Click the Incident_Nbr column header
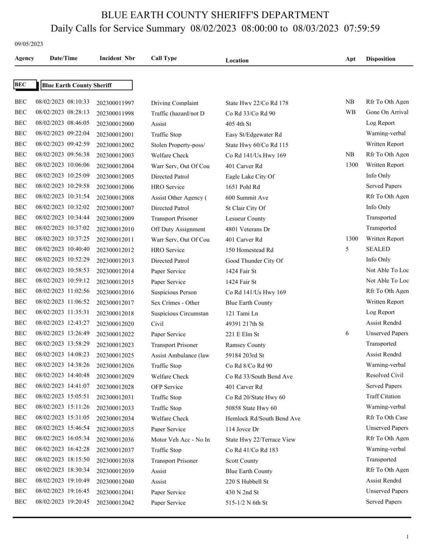117,58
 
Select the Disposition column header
380,59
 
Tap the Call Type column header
164,58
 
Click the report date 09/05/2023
29,44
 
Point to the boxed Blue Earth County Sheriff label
86,85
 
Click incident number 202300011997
115,103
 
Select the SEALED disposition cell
378,249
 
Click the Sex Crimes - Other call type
175,303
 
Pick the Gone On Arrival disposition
387,112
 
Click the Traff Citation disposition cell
383,396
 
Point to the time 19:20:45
78,502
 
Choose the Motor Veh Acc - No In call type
180,440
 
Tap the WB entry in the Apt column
350,112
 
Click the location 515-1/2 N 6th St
246,503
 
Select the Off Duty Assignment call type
178,229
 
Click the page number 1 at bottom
407,537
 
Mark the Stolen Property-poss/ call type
178,145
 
